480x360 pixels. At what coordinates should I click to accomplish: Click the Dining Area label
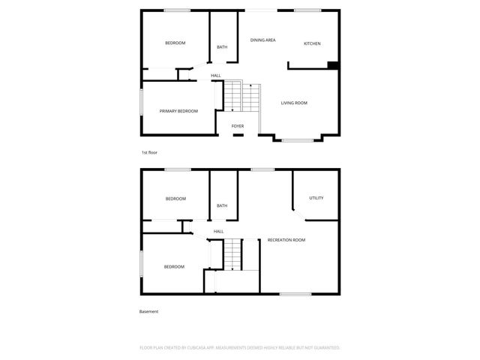click(262, 40)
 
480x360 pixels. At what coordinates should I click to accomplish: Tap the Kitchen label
click(312, 43)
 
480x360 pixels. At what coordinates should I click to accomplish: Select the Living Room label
click(294, 103)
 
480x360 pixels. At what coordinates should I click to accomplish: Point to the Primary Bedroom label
click(178, 111)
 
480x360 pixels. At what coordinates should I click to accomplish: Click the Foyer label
click(237, 126)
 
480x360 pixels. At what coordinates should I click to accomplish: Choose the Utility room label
click(316, 198)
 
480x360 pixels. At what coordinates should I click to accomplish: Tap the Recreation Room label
click(286, 240)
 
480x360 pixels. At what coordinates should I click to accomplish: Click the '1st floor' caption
click(149, 152)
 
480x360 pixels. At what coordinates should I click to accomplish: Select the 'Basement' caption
click(148, 311)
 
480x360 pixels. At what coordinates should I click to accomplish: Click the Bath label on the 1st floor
click(222, 47)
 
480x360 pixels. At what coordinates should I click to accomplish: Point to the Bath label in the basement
click(222, 205)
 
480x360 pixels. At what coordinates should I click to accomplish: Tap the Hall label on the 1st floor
click(215, 75)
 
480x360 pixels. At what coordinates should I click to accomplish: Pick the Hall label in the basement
click(218, 231)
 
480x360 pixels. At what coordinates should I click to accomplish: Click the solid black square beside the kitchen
click(332, 65)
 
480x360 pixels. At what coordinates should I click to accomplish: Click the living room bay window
click(298, 139)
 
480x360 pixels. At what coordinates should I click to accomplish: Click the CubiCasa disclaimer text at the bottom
click(240, 348)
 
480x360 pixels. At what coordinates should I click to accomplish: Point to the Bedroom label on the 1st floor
click(175, 43)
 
